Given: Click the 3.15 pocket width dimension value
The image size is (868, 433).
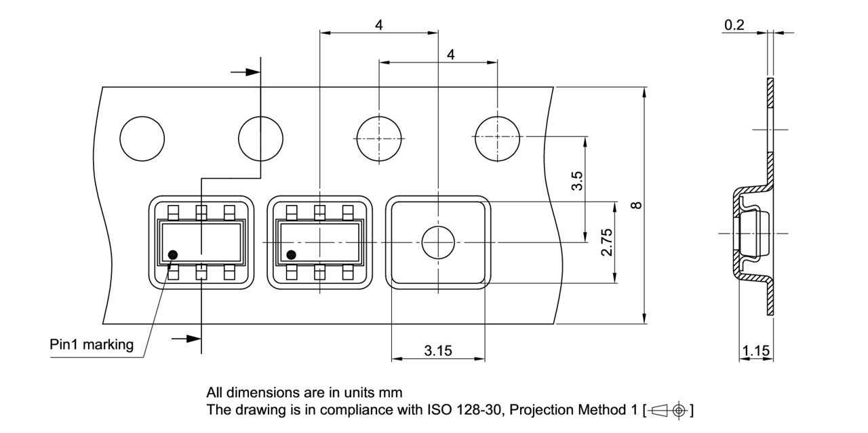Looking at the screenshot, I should point(438,350).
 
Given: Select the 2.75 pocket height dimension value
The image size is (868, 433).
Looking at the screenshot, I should point(607,242).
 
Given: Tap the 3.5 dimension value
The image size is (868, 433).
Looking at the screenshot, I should point(577,183).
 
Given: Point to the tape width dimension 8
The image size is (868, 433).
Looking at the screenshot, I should point(635,205).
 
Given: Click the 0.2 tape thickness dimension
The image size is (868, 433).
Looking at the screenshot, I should point(734,25).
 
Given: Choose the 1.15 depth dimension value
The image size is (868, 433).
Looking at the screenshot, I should point(755,351).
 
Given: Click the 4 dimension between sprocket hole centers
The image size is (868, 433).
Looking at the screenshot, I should point(450,55).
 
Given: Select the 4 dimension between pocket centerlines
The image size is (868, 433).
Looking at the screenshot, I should point(378,25).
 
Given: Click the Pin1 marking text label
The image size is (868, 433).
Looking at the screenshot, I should point(92,344).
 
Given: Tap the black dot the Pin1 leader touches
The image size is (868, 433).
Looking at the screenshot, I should point(172,255).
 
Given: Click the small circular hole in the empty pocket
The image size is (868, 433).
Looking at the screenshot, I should point(439,242).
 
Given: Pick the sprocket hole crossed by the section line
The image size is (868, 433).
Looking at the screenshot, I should point(260,138).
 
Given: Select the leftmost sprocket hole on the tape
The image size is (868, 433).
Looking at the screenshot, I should point(142,138).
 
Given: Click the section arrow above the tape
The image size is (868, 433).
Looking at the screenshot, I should point(245,71).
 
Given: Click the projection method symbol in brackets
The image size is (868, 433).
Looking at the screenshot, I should point(670,411).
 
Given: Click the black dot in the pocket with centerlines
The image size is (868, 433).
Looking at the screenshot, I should point(292,255).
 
